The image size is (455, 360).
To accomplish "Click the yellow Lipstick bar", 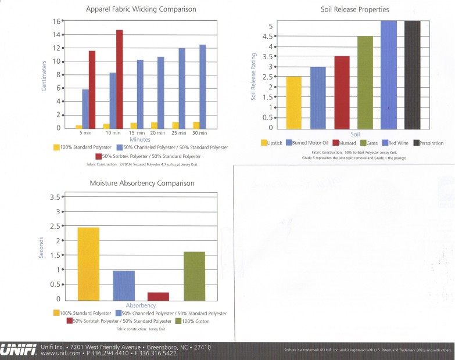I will pyautogui.click(x=294, y=102).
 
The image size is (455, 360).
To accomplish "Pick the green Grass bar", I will pyautogui.click(x=365, y=82).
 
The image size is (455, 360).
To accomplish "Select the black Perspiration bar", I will pyautogui.click(x=412, y=74).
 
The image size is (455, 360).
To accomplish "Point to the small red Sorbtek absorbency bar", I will pyautogui.click(x=159, y=296).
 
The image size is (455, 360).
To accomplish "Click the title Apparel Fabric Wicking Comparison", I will pyautogui.click(x=141, y=9).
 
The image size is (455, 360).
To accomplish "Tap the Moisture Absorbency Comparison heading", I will pyautogui.click(x=142, y=183).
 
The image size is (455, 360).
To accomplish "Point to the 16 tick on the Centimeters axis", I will pyautogui.click(x=58, y=21).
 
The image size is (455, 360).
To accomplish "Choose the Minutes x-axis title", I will pyautogui.click(x=140, y=139).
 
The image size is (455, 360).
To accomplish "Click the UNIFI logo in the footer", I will pyautogui.click(x=19, y=350).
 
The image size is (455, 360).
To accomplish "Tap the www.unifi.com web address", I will pyautogui.click(x=62, y=353).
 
